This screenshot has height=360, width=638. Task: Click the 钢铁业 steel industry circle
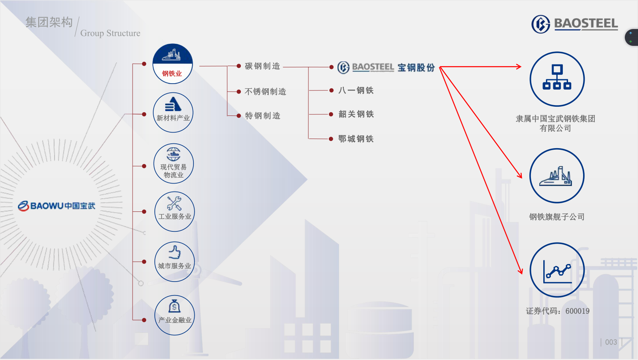(173, 64)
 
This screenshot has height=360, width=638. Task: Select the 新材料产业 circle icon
(173, 112)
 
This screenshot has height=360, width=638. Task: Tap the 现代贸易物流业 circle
(174, 163)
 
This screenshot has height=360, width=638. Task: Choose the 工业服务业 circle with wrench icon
(175, 211)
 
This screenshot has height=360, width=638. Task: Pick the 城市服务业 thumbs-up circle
(175, 262)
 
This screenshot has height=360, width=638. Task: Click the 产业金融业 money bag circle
(175, 315)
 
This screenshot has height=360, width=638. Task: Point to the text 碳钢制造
(262, 66)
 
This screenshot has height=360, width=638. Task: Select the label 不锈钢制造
(265, 92)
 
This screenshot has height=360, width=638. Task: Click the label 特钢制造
(262, 116)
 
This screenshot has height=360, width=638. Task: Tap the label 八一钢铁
(356, 90)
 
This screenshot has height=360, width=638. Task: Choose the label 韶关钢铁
(356, 114)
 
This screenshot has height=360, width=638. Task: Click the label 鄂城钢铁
(356, 139)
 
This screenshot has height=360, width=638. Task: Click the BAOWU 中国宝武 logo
(57, 206)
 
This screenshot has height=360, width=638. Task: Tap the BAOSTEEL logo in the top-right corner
(575, 24)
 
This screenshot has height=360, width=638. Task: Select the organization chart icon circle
(557, 79)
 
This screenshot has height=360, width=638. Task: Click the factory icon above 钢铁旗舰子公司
(557, 176)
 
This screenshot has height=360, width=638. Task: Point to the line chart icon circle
(557, 270)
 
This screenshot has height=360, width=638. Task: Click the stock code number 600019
(578, 311)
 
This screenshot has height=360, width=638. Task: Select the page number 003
(611, 342)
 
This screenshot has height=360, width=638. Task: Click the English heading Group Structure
(110, 33)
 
